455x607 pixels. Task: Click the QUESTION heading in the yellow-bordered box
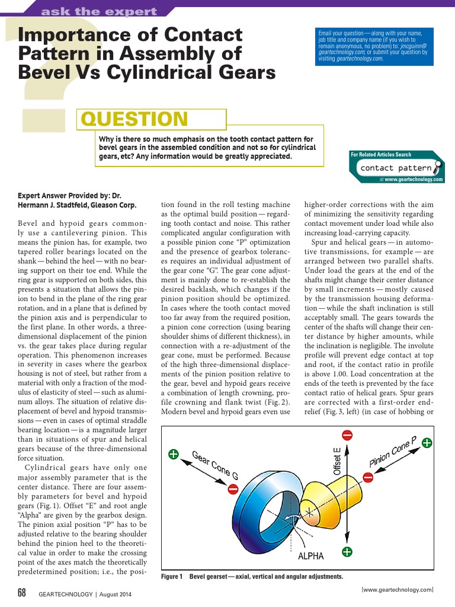[x=134, y=119]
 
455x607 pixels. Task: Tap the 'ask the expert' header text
[x=99, y=11]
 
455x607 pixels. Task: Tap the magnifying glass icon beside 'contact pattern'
[x=437, y=167]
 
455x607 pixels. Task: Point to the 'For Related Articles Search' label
[x=381, y=155]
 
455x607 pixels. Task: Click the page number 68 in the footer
[x=22, y=593]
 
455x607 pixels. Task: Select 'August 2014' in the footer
[x=116, y=594]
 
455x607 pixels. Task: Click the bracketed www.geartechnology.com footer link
[x=398, y=589]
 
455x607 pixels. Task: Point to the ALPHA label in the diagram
[x=310, y=556]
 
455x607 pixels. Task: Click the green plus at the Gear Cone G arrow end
[x=174, y=455]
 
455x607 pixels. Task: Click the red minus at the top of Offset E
[x=347, y=436]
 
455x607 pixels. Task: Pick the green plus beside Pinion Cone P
[x=427, y=442]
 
